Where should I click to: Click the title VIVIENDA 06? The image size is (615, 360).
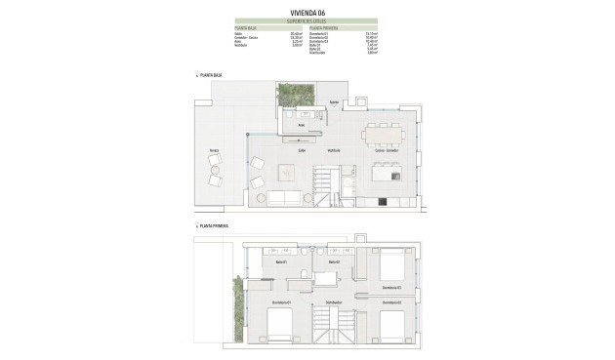click(x=307, y=13)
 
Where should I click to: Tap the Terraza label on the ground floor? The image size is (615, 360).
click(x=213, y=149)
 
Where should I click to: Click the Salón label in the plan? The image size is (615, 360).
click(x=303, y=150)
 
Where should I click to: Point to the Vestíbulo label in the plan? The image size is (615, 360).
click(x=334, y=150)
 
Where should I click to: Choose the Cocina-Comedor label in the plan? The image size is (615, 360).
click(x=387, y=150)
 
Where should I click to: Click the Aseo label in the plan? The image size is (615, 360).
click(x=303, y=125)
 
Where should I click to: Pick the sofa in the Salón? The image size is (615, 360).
click(x=284, y=197)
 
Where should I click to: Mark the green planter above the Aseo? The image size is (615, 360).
click(x=291, y=95)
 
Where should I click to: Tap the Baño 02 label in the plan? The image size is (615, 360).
click(x=333, y=261)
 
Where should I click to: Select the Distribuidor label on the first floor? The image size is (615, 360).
click(x=333, y=301)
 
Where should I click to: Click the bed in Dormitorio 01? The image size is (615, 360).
click(x=279, y=328)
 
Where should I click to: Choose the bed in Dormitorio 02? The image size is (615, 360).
click(x=391, y=328)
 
